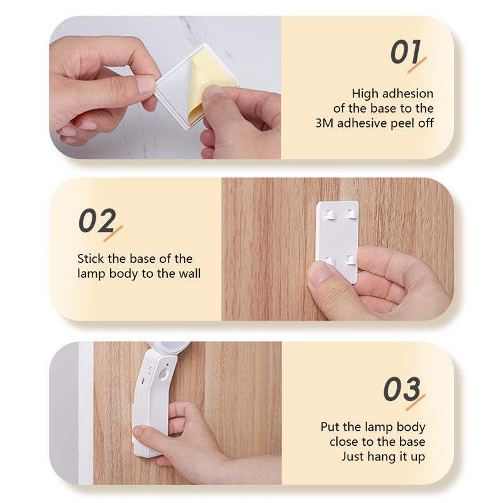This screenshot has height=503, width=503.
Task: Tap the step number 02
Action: pyautogui.click(x=96, y=221)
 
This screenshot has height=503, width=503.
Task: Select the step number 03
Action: pyautogui.click(x=401, y=390)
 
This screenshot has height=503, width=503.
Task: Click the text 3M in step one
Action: pyautogui.click(x=324, y=123)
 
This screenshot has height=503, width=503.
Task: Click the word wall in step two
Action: pyautogui.click(x=189, y=274)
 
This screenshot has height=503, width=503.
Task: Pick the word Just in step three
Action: pyautogui.click(x=353, y=456)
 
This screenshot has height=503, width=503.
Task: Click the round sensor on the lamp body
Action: pyautogui.click(x=163, y=373)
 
